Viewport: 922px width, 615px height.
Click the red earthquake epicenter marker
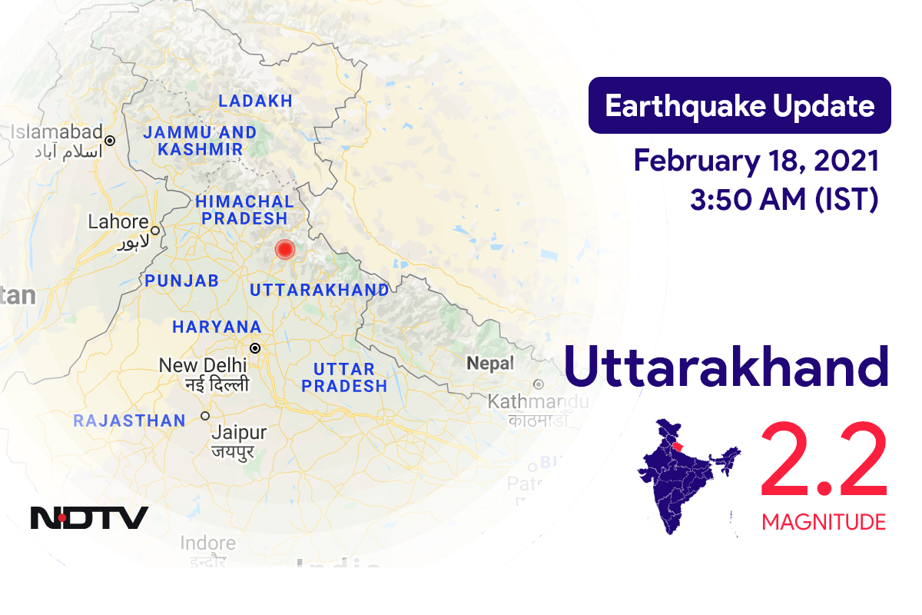click(x=285, y=250)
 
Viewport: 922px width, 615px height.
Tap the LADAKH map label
click(x=256, y=101)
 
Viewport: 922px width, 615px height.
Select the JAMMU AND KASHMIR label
click(x=201, y=141)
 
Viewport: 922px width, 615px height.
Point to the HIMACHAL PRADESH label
click(x=244, y=210)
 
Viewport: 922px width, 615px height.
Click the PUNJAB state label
click(x=182, y=281)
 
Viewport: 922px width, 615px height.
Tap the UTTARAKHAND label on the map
click(x=320, y=290)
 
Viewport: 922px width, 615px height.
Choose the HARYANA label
click(x=217, y=327)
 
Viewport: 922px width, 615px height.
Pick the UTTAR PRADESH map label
click(x=344, y=377)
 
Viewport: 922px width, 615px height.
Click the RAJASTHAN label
click(x=129, y=421)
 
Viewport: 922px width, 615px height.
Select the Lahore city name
click(x=118, y=222)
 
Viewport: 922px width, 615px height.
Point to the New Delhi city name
click(x=203, y=365)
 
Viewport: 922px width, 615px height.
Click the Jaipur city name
click(x=238, y=432)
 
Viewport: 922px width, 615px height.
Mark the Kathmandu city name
click(x=538, y=401)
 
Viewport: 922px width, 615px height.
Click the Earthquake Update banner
click(x=739, y=105)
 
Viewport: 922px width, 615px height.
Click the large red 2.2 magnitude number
click(x=824, y=464)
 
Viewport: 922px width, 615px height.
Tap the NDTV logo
click(x=89, y=517)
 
